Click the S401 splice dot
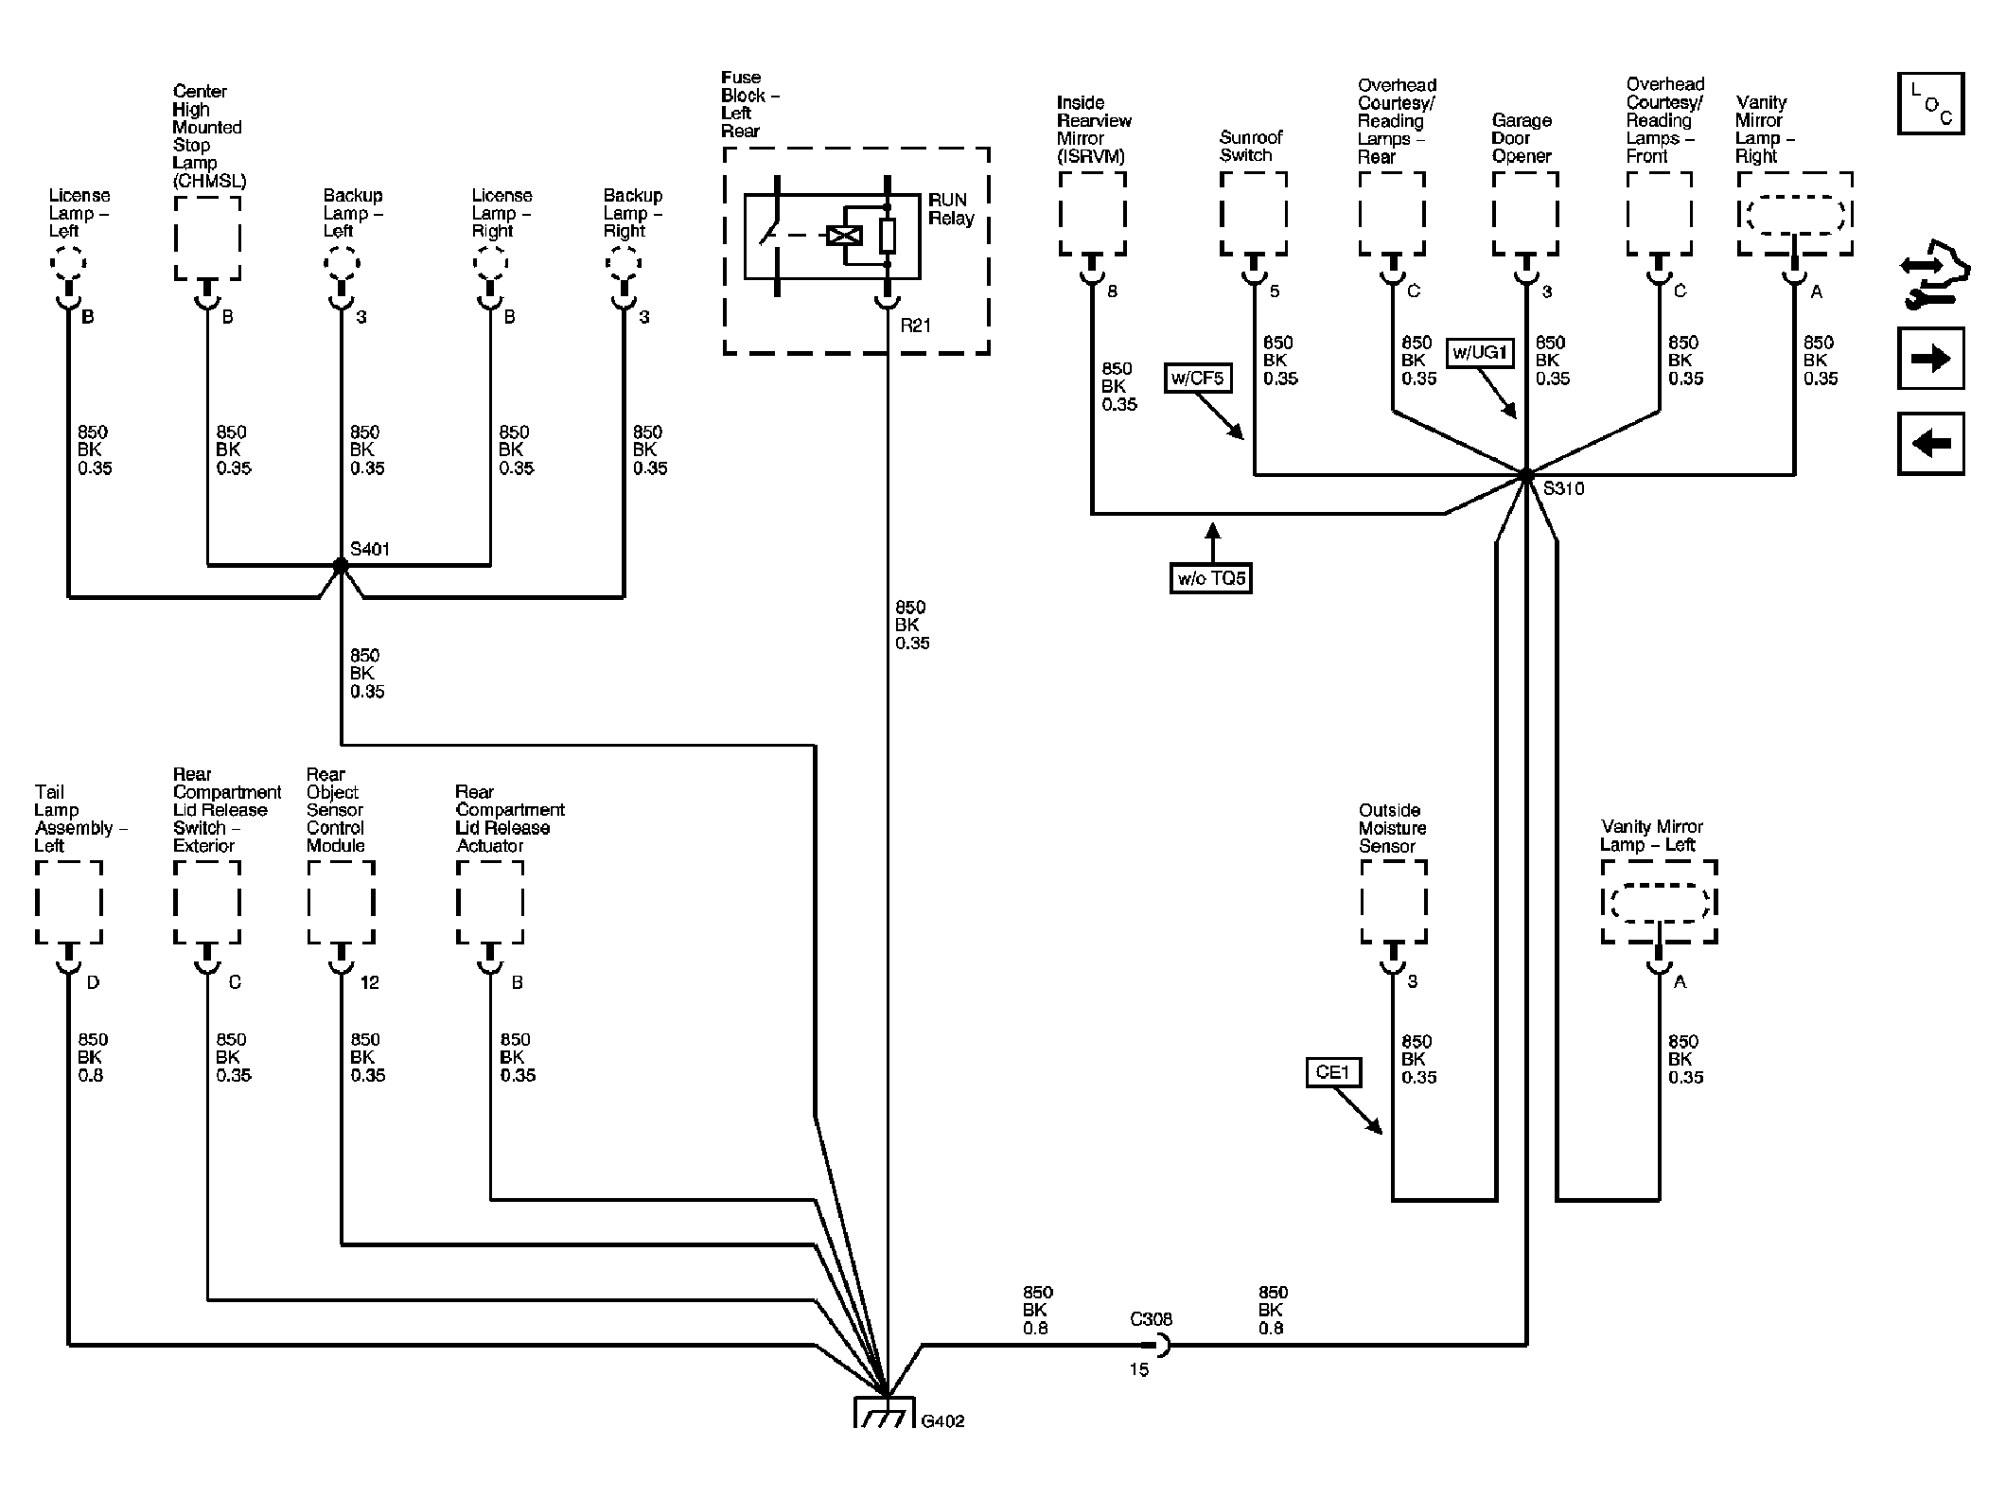coord(341,566)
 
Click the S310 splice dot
coord(1526,474)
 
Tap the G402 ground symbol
coord(885,1411)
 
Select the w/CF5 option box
coord(1197,379)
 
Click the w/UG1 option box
coord(1480,354)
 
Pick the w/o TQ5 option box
coord(1211,578)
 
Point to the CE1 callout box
coord(1332,1072)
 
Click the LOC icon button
coord(1930,103)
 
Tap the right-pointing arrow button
coord(1930,359)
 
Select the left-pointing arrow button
coord(1930,443)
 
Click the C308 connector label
coord(1151,1318)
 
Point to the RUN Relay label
coord(951,209)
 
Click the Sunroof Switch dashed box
coord(1254,214)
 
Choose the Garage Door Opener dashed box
coord(1526,214)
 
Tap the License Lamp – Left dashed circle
coord(68,262)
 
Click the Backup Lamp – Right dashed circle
coord(624,262)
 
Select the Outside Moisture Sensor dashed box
coord(1393,902)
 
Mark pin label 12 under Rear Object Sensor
coord(369,982)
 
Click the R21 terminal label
coord(915,326)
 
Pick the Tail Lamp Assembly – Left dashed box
coord(68,902)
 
